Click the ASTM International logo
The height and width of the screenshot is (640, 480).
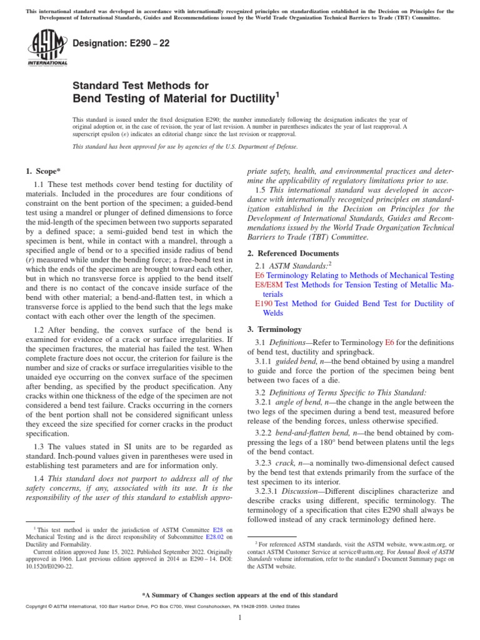click(x=47, y=49)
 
